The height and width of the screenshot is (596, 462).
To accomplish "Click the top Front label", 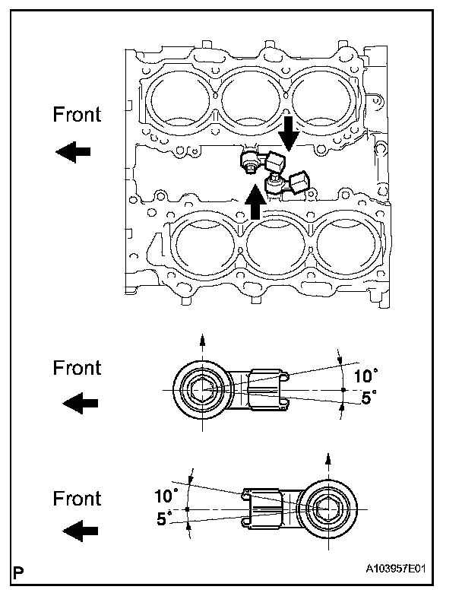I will [x=77, y=115].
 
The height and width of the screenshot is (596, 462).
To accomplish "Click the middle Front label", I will [x=77, y=368].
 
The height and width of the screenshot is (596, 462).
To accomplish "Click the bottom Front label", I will [x=77, y=499].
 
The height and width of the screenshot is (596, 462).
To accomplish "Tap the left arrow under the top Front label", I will [x=74, y=152].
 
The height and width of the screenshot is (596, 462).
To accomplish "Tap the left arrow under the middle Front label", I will [x=80, y=403].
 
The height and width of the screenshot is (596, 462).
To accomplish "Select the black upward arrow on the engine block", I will [x=256, y=201].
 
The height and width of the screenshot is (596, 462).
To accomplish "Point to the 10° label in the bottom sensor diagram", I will [x=165, y=496].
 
